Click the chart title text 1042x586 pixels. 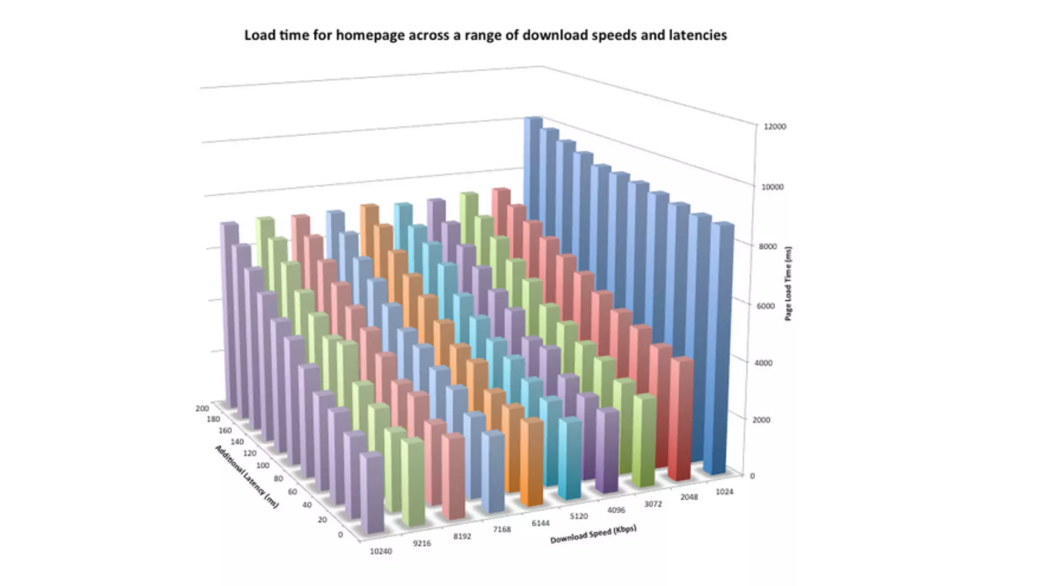point(485,35)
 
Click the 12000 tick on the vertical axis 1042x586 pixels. point(774,127)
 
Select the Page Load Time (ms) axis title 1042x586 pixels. point(788,283)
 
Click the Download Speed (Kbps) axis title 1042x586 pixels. point(593,534)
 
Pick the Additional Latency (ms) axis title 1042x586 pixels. point(247,476)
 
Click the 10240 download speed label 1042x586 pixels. point(381,551)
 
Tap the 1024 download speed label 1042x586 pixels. point(724,491)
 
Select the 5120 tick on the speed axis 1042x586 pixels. point(578,516)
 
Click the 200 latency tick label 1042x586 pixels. point(201,408)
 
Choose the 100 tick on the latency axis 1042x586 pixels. point(263,465)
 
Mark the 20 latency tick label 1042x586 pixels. point(322,519)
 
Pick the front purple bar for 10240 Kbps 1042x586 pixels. point(372,493)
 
